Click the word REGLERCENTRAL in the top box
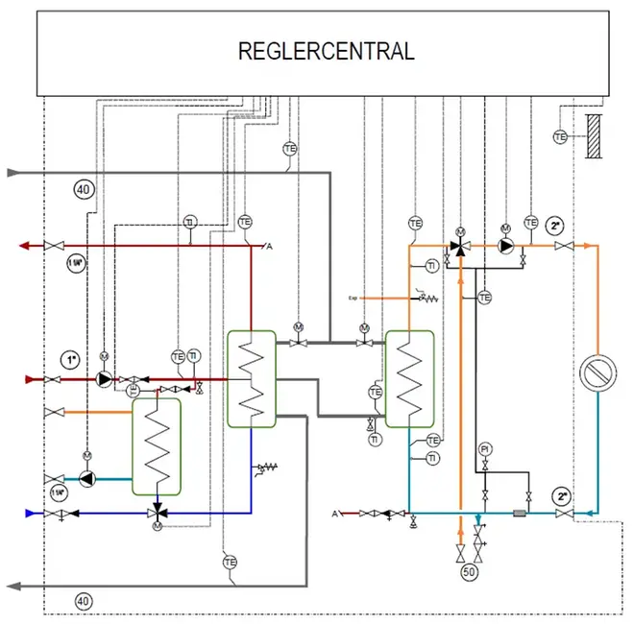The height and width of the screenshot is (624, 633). click(x=326, y=51)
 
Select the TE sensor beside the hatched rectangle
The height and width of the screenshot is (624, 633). click(x=560, y=137)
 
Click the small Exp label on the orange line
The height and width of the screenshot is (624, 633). click(x=353, y=299)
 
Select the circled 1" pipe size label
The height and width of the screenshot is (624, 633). click(x=70, y=360)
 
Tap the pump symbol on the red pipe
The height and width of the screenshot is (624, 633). click(x=103, y=379)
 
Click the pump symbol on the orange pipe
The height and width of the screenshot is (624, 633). click(x=504, y=246)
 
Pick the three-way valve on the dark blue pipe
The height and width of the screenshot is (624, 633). click(x=156, y=513)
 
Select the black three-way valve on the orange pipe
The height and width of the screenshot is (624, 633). click(x=461, y=247)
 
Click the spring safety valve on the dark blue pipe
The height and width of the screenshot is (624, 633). click(x=261, y=469)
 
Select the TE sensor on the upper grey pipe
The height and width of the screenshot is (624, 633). click(x=289, y=149)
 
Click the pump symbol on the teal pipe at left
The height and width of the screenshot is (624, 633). click(x=88, y=477)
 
